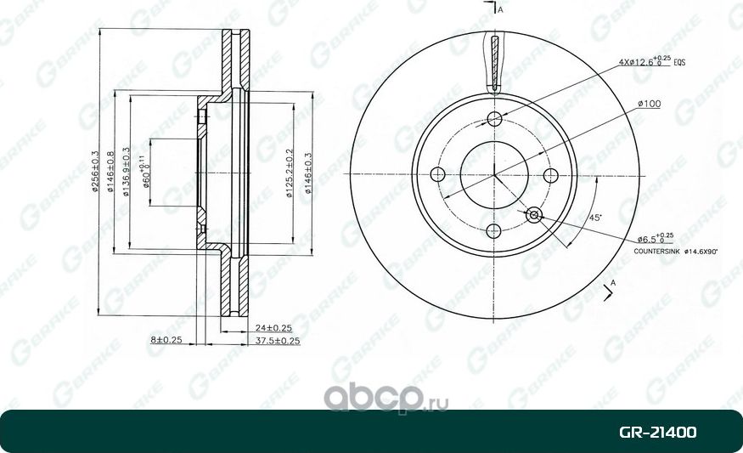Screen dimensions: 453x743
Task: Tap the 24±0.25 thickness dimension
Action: pyautogui.click(x=273, y=327)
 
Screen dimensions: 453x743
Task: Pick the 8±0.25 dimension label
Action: pyautogui.click(x=167, y=340)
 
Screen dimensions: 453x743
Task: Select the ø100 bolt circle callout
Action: pyautogui.click(x=649, y=104)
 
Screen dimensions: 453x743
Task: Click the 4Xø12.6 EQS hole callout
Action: pyautogui.click(x=651, y=61)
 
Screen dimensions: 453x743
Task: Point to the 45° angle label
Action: pyautogui.click(x=596, y=218)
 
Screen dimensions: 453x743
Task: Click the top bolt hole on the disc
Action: pyautogui.click(x=494, y=120)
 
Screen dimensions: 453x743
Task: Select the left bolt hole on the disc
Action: pyautogui.click(x=439, y=175)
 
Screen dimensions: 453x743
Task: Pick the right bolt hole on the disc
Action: pyautogui.click(x=550, y=175)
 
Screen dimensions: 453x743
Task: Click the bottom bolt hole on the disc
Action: pyautogui.click(x=494, y=230)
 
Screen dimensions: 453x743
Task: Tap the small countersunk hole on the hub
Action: pyautogui.click(x=534, y=214)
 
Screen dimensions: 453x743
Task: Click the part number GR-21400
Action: pyautogui.click(x=658, y=433)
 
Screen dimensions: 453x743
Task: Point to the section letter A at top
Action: pyautogui.click(x=501, y=9)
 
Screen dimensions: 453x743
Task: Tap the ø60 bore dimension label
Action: pyautogui.click(x=147, y=173)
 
